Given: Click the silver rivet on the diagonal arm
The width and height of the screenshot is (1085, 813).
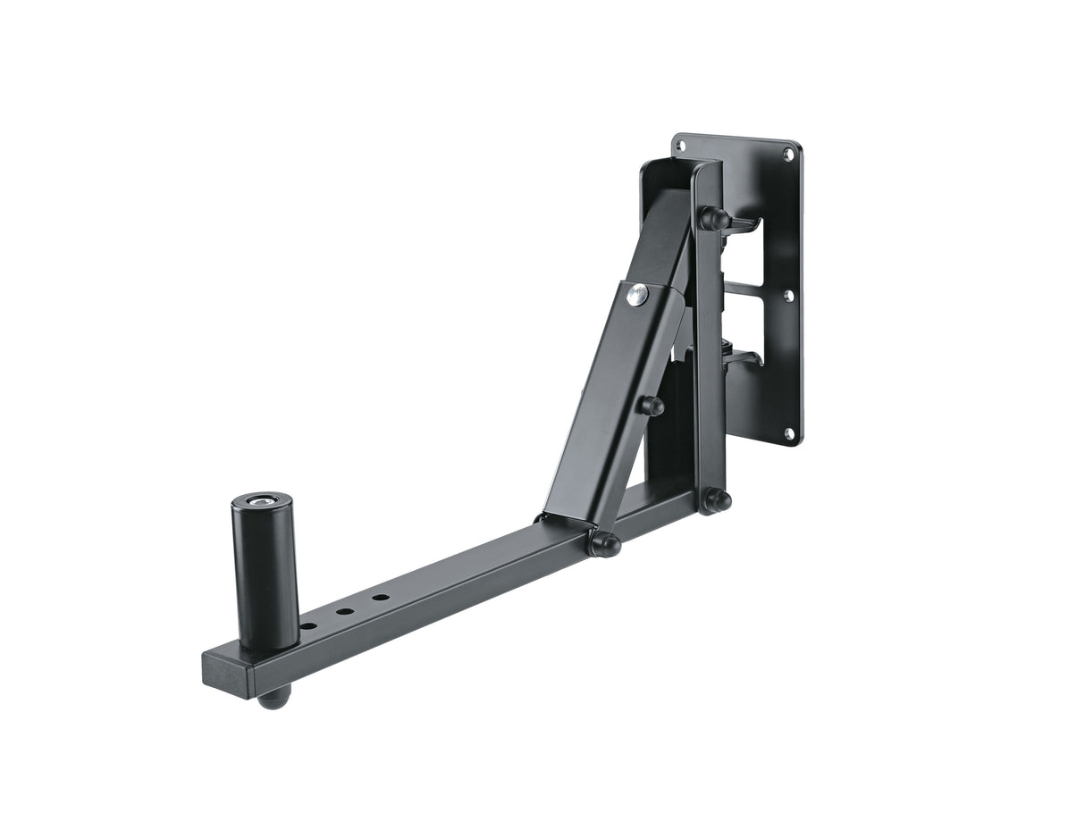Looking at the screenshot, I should [635, 295].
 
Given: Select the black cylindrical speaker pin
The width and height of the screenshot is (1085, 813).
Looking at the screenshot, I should [265, 572].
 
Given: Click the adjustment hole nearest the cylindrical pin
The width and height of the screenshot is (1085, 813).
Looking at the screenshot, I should [308, 626].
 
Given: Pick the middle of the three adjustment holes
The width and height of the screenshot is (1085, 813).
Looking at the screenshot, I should [345, 612].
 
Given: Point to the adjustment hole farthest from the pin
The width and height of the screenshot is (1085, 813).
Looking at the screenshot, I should [381, 598].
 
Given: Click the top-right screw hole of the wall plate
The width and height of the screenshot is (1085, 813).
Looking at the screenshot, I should [789, 155].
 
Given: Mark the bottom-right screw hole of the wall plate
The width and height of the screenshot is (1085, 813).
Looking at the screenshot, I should [789, 434].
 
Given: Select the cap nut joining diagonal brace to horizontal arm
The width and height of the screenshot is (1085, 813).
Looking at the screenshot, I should [604, 543].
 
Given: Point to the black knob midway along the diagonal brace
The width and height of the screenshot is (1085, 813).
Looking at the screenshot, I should [652, 406].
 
